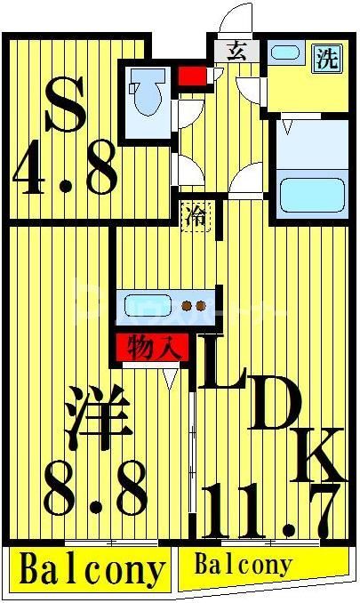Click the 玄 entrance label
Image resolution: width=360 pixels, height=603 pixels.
(x=237, y=50)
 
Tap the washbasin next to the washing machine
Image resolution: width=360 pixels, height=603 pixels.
(x=286, y=52)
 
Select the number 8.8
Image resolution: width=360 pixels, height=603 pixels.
(x=96, y=490)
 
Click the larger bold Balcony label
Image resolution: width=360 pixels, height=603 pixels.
(x=92, y=569)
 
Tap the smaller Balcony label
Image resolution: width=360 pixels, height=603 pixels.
(x=242, y=564)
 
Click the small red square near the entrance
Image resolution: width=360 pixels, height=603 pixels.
(x=189, y=75)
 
